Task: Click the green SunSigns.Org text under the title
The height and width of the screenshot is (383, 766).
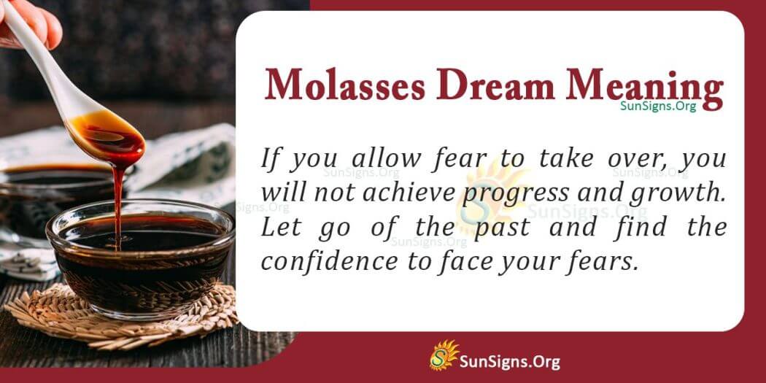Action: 658,105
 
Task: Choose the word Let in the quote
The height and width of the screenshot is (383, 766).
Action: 278,227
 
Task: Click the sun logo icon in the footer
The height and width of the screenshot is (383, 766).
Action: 442,355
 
